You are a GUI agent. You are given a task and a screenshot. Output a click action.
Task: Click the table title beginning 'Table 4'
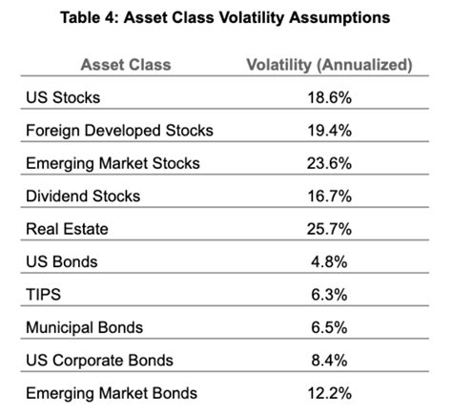coord(225,18)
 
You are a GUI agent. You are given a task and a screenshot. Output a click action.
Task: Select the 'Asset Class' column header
coord(126,65)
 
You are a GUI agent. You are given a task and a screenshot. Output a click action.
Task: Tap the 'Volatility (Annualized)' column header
coord(329,65)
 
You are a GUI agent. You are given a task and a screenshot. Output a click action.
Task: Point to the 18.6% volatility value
coord(329,97)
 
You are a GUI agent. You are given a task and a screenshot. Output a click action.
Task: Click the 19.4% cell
coord(329,130)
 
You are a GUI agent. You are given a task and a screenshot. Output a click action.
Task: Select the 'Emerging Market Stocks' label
coord(113,163)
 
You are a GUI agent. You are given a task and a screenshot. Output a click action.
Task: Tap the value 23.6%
coord(329,163)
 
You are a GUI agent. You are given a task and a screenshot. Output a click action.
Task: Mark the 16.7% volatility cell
coord(329,197)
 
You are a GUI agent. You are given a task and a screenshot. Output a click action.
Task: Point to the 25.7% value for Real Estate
coord(329,229)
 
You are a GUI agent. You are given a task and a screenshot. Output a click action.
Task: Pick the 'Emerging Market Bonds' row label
coord(113,393)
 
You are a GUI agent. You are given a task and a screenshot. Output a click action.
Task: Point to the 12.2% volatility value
coord(329,393)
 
